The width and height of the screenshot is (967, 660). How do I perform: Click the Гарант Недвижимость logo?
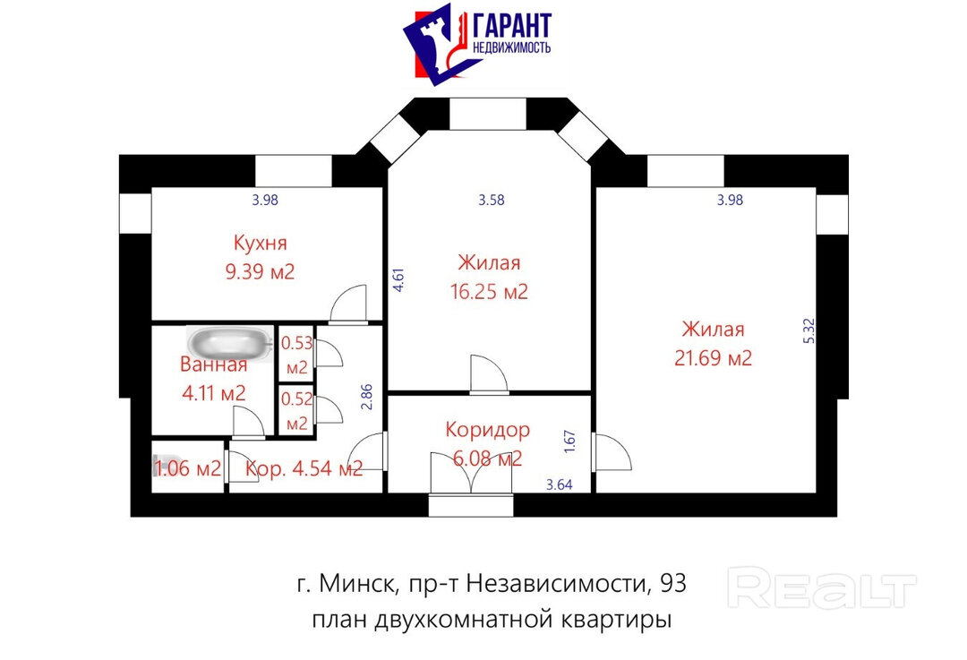click(476, 43)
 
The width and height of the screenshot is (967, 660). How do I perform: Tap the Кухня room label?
click(261, 243)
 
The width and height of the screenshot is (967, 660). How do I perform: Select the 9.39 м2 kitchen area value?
click(260, 271)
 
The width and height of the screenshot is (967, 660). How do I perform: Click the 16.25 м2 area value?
click(489, 291)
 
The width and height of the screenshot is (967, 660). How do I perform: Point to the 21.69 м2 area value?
click(713, 357)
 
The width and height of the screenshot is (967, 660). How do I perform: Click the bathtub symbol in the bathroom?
click(231, 343)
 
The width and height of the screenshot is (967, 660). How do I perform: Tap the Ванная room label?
click(213, 364)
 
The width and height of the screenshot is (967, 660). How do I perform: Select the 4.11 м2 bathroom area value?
click(213, 392)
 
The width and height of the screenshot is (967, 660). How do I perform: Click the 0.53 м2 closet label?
click(296, 356)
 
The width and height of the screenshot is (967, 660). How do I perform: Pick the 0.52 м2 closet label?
click(296, 411)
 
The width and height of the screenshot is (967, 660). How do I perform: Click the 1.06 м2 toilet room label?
click(187, 468)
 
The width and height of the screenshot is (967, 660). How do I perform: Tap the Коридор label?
click(487, 429)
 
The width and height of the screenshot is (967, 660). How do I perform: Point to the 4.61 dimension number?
click(398, 279)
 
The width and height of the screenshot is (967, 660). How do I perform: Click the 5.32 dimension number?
click(809, 330)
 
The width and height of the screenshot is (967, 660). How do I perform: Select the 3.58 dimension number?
click(492, 200)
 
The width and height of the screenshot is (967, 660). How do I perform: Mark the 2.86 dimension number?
click(367, 397)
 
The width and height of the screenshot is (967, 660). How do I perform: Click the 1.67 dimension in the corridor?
click(569, 442)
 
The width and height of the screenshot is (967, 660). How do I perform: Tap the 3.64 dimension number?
click(560, 484)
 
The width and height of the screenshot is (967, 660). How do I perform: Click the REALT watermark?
click(822, 588)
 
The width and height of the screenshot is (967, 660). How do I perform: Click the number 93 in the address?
click(672, 583)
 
